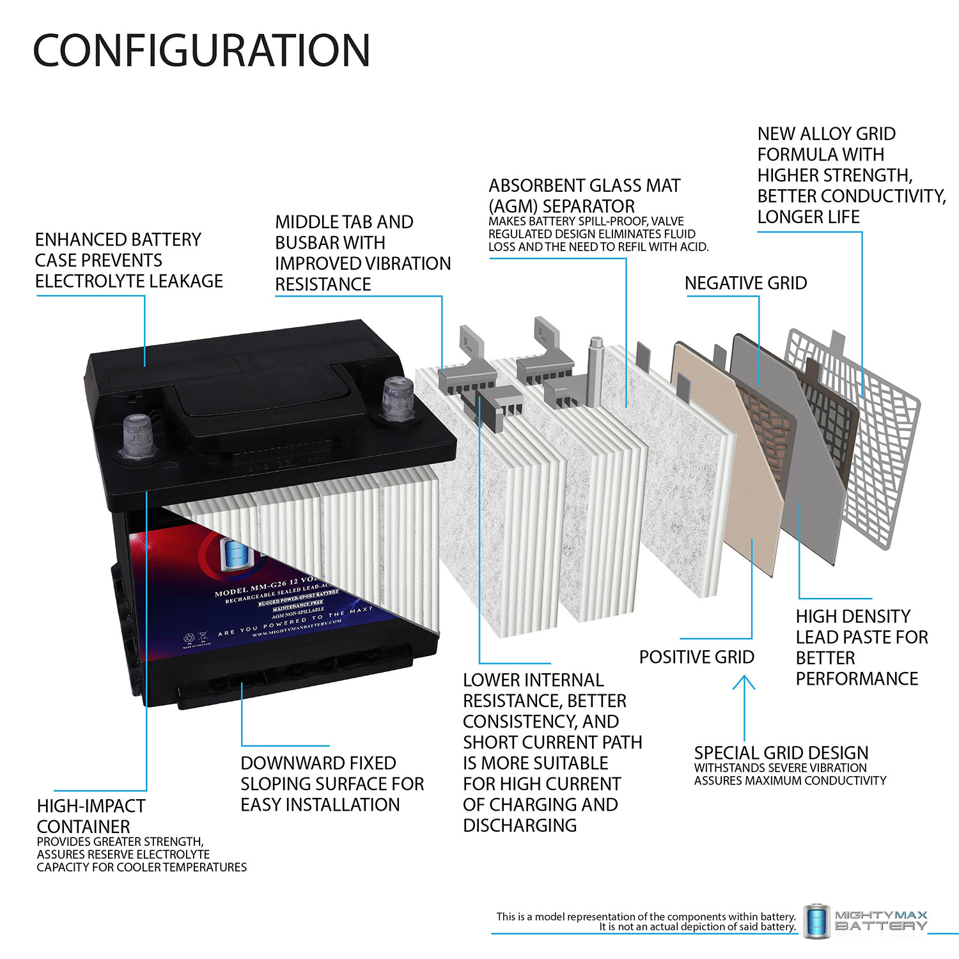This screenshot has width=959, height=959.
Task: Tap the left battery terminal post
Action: point(136,436)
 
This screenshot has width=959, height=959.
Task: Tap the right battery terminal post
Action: point(397,397)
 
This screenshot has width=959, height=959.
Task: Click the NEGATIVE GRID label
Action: point(745,283)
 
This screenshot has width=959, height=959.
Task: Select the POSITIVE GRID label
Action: point(696,657)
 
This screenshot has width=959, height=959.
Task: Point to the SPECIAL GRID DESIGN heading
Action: point(781,752)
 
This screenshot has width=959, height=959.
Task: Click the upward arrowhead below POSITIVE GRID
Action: point(744,682)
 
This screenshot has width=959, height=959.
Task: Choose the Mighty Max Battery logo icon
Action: point(816,921)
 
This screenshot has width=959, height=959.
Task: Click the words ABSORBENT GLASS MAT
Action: point(584,186)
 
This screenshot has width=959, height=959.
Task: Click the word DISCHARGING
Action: point(519,825)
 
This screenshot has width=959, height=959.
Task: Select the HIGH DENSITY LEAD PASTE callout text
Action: point(861,647)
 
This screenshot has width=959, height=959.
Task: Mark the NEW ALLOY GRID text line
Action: point(826,134)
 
